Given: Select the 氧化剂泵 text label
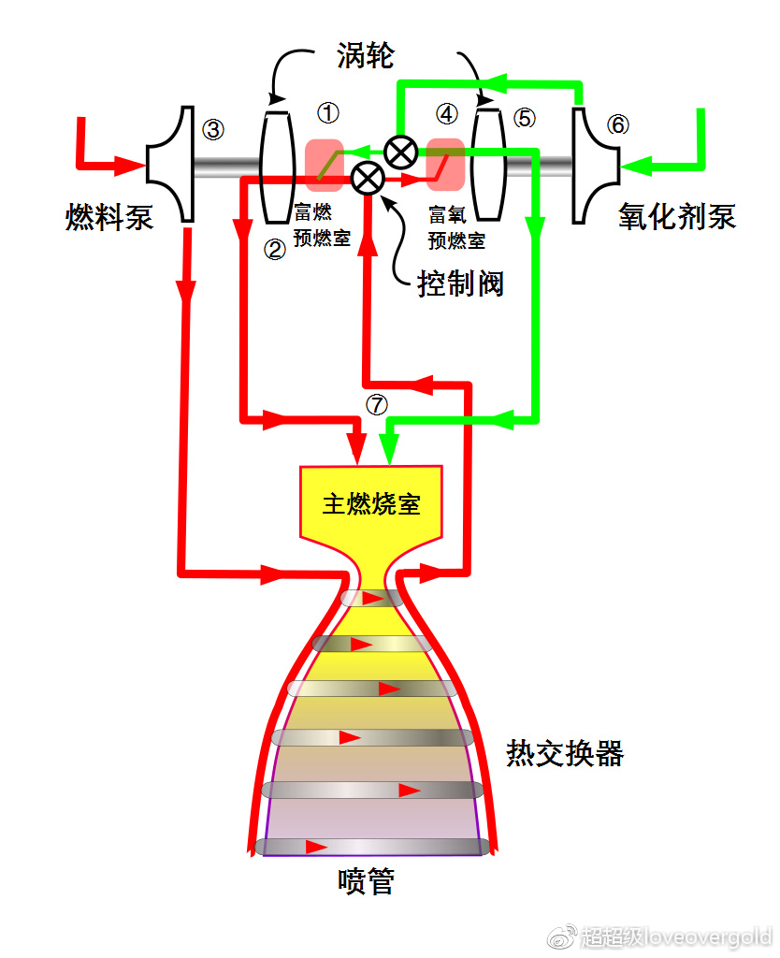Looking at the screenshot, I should (x=677, y=215).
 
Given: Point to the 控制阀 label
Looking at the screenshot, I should (x=461, y=283).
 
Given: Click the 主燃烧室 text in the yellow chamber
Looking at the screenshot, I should (x=371, y=504).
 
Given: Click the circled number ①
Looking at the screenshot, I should (x=328, y=113).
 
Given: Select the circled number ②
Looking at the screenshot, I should (x=274, y=250).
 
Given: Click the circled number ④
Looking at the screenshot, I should (x=447, y=114).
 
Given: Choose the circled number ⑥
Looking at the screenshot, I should (x=617, y=125).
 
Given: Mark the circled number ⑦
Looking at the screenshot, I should (x=376, y=404).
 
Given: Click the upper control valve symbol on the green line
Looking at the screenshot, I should (x=402, y=151).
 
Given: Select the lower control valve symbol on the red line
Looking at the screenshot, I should (x=367, y=176).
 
